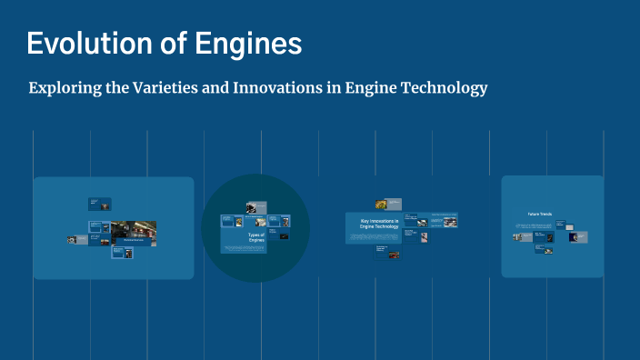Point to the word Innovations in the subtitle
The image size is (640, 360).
[x=279, y=89]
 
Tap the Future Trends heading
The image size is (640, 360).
[x=540, y=215]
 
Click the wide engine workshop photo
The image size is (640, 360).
[x=133, y=233]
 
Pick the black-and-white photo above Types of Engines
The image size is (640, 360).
[x=255, y=207]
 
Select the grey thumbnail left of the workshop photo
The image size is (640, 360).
[x=73, y=240]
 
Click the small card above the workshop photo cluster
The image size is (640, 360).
[x=99, y=204]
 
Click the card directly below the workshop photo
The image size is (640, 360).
[x=123, y=253]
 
